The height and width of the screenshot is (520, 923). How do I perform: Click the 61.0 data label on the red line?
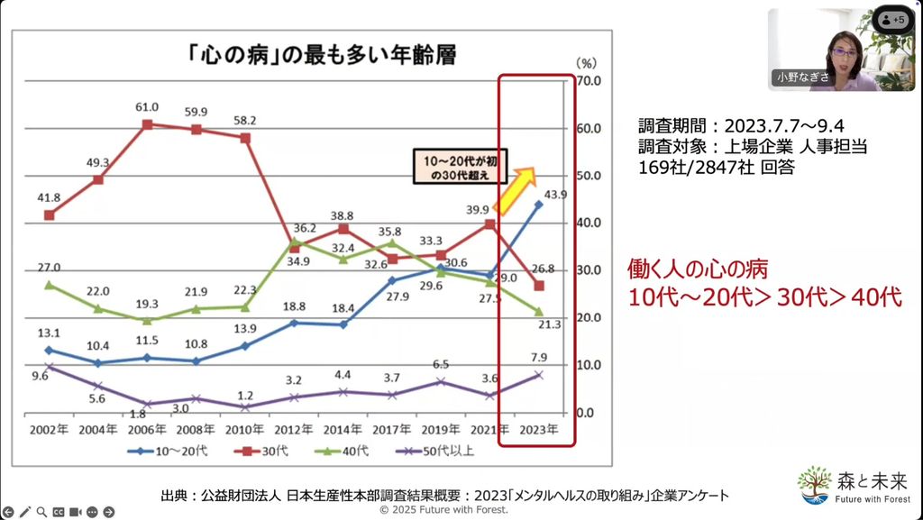(147, 107)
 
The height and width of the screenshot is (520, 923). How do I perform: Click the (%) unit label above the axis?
(587, 63)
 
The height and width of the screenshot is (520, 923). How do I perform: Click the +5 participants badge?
(893, 19)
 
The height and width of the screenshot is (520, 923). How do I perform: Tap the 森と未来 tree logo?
(815, 485)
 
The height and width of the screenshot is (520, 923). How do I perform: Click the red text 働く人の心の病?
(698, 269)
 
